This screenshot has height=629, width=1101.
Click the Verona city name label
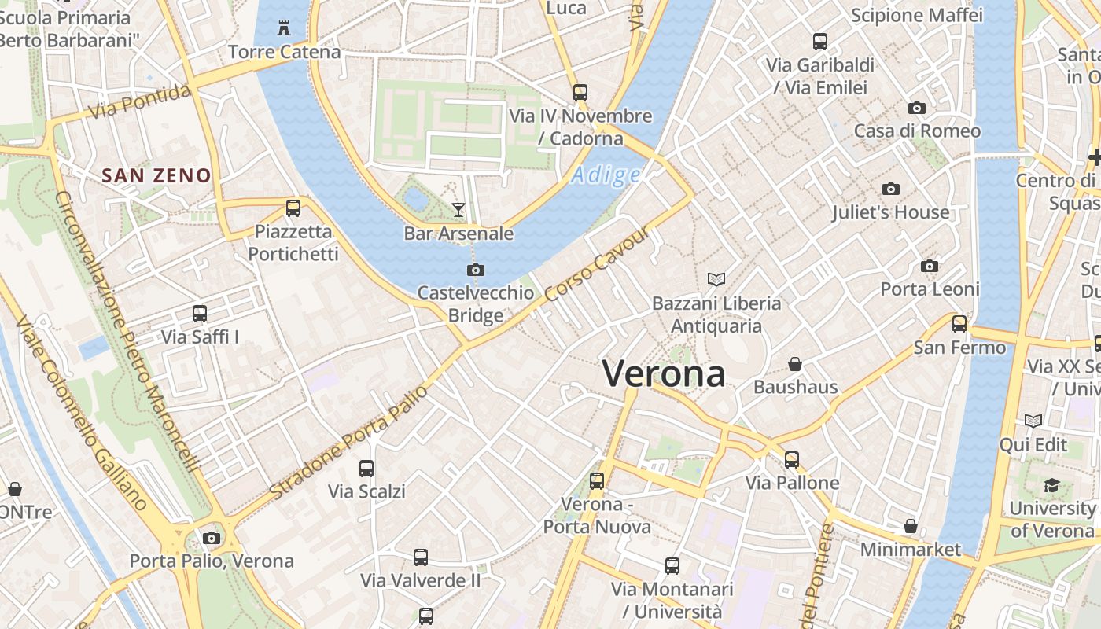click(x=663, y=373)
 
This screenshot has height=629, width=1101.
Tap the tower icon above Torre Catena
click(x=284, y=29)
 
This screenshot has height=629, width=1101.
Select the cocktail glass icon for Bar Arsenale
click(x=458, y=209)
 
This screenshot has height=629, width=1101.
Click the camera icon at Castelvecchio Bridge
click(x=475, y=270)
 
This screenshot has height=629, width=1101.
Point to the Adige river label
click(x=606, y=175)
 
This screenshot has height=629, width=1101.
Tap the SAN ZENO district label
click(x=157, y=175)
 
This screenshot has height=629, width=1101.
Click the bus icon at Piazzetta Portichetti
click(x=293, y=208)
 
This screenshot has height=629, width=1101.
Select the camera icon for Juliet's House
click(x=890, y=189)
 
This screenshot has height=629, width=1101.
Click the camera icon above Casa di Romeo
click(x=916, y=108)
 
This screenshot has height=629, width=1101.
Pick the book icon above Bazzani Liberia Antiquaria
click(x=716, y=279)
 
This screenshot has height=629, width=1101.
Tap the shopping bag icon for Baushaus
click(x=795, y=364)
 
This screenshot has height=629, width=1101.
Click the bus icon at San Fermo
click(x=959, y=323)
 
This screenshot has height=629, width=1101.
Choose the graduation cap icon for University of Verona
click(x=1051, y=485)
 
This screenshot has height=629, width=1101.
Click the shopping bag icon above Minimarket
click(x=911, y=525)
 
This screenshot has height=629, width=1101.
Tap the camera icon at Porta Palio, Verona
click(x=211, y=539)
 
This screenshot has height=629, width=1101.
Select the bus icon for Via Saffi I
click(x=200, y=314)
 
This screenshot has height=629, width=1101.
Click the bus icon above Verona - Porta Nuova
click(x=597, y=480)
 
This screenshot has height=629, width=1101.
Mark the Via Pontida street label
click(x=140, y=102)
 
